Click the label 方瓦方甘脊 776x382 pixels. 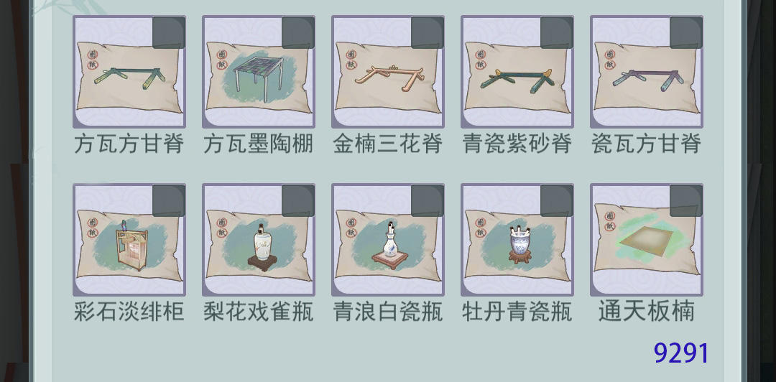(129, 144)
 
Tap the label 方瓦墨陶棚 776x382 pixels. (259, 144)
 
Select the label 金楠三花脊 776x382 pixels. (387, 144)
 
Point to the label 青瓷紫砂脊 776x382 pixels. (517, 144)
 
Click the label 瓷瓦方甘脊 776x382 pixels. (647, 144)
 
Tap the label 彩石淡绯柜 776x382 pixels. (129, 312)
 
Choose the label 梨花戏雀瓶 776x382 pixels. (259, 312)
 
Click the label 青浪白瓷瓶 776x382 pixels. (387, 312)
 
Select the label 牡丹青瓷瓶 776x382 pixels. (517, 312)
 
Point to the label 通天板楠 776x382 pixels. (647, 312)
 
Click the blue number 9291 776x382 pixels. (681, 353)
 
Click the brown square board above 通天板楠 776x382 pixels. (646, 241)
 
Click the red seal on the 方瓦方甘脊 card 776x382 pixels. (93, 60)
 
